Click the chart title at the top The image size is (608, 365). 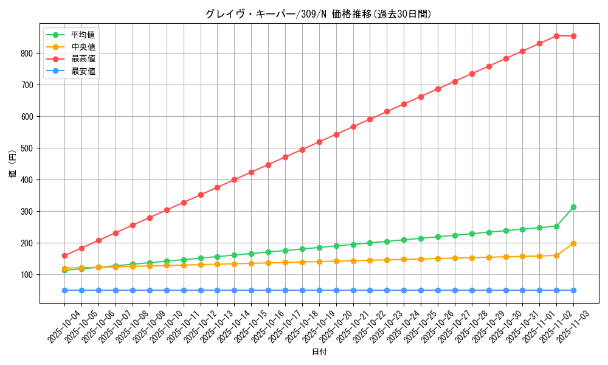(319, 14)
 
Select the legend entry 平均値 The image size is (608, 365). (83, 35)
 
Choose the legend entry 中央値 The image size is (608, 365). (83, 47)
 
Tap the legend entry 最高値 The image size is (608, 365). (83, 59)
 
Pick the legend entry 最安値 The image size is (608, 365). (83, 71)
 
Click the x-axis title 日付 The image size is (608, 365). (319, 352)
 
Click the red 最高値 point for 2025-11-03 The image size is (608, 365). (573, 36)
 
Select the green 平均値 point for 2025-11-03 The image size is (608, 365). (573, 207)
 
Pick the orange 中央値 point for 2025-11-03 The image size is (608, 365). (573, 243)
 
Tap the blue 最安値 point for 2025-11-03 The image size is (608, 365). (573, 290)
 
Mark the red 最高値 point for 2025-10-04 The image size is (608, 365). (64, 255)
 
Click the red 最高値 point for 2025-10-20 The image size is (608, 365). (336, 134)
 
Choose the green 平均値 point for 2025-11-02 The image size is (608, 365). (556, 226)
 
